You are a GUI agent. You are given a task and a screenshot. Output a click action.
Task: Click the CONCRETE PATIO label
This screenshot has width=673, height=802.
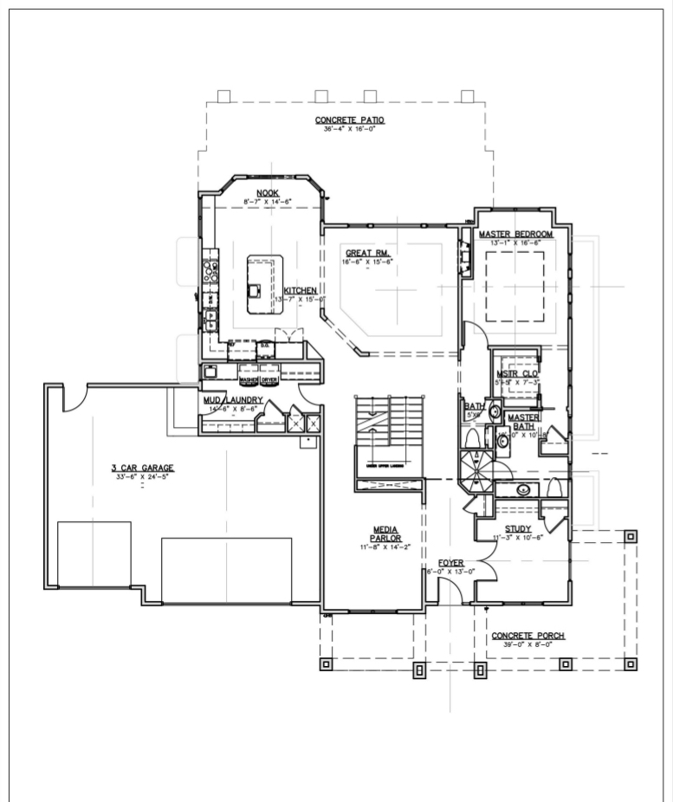pyautogui.click(x=349, y=120)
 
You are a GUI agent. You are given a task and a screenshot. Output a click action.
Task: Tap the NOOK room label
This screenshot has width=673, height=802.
pyautogui.click(x=267, y=192)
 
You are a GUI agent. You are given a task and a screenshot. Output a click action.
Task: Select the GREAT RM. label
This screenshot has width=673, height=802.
pyautogui.click(x=369, y=253)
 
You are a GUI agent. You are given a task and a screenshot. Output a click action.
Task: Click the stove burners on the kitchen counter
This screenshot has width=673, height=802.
pyautogui.click(x=210, y=272)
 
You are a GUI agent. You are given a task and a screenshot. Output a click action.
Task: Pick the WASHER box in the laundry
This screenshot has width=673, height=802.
pyautogui.click(x=249, y=379)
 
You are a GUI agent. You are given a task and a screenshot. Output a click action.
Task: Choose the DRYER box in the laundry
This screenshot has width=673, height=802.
pyautogui.click(x=269, y=379)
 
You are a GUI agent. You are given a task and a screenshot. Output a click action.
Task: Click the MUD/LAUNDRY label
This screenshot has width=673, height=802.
pyautogui.click(x=232, y=399)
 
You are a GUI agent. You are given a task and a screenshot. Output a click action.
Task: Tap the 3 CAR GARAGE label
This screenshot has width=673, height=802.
pyautogui.click(x=142, y=468)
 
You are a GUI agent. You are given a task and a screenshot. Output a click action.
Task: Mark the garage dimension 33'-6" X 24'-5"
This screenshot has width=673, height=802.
pyautogui.click(x=142, y=476)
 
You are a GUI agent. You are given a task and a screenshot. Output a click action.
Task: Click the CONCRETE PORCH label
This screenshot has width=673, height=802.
pyautogui.click(x=527, y=635)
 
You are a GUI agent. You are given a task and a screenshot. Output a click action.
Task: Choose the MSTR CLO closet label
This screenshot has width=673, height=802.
pyautogui.click(x=517, y=373)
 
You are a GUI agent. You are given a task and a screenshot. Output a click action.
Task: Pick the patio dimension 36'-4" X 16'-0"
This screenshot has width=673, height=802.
pyautogui.click(x=349, y=129)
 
